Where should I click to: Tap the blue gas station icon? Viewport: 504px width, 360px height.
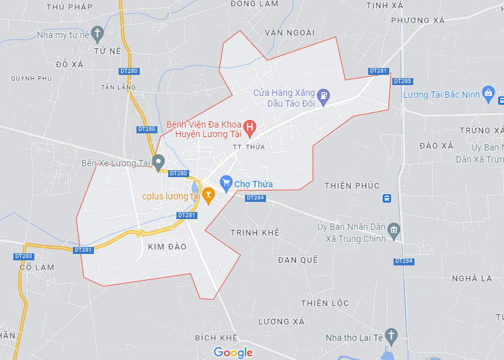point(324,97)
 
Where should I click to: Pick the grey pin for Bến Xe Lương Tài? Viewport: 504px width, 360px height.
point(159,161)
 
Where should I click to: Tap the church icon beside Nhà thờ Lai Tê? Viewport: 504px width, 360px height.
point(392,335)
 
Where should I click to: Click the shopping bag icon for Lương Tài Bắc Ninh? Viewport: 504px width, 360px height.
point(488,94)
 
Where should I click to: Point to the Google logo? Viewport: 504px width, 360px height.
point(233,352)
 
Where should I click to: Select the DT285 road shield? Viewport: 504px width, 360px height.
point(402,81)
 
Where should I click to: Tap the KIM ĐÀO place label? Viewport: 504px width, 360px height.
point(167,246)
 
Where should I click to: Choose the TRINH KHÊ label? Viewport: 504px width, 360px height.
point(255,233)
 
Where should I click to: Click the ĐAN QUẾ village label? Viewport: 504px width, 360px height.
point(297,260)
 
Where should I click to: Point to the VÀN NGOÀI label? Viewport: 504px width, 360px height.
point(289,32)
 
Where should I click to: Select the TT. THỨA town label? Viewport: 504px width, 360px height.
point(248,147)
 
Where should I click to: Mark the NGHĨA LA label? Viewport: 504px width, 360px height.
point(472,278)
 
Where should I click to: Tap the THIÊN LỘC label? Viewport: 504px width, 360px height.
point(325,303)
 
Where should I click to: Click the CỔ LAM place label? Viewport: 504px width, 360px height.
point(37,267)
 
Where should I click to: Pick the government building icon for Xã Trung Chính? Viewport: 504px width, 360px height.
point(394,229)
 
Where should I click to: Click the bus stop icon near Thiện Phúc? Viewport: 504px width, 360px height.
point(387,199)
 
